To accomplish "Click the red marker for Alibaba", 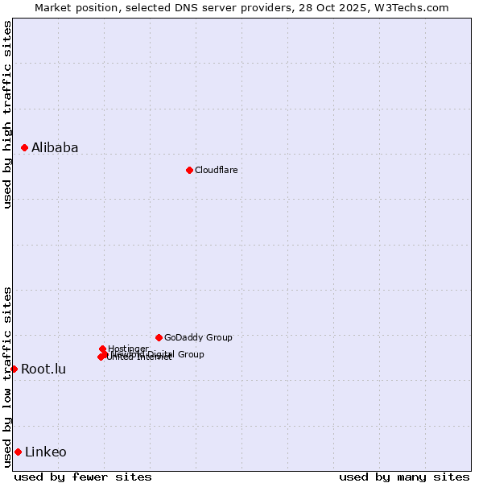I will point(25,147).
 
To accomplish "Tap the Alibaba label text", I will point(55,147).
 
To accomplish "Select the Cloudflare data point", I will point(189,170).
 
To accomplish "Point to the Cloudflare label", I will point(216,170).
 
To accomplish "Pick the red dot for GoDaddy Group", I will point(159,337).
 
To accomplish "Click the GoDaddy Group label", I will point(198,337).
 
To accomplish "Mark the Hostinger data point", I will point(103,349).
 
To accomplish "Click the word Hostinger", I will point(128,349).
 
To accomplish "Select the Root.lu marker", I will point(14,369).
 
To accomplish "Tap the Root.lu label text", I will point(43,369).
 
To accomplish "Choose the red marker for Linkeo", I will point(18,452).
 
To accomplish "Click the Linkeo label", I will point(46,452).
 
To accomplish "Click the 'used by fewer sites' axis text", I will point(83,477).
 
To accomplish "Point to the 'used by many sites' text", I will point(404,477).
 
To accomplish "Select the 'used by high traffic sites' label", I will point(8,114).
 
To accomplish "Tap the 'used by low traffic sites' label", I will point(8,376).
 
